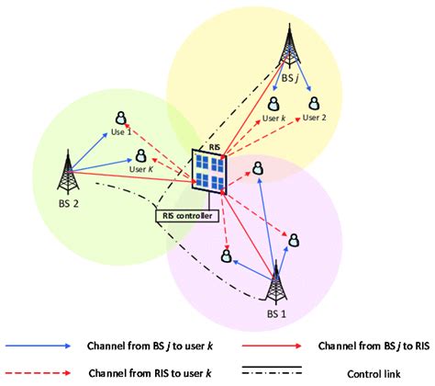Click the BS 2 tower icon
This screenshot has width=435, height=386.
point(65,174)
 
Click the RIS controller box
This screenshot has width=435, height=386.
point(187,216)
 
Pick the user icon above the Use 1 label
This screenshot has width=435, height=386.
point(120,118)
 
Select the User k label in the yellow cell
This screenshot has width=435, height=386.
point(276,118)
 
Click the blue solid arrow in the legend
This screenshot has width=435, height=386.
point(37,346)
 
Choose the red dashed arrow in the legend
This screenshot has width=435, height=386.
point(37,372)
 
